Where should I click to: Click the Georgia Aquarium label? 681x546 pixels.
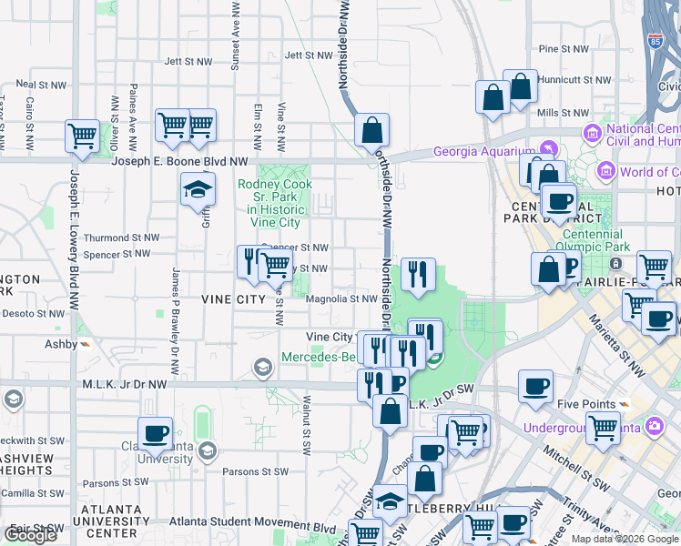(483, 151)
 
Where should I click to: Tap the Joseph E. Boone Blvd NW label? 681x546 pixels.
(179, 161)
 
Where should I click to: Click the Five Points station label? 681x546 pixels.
(581, 404)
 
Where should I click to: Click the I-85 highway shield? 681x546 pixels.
(655, 41)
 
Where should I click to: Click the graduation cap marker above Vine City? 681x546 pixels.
(198, 190)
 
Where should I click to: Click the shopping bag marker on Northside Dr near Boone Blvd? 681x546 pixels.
(372, 130)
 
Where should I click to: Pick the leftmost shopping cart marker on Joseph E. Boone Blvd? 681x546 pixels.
(82, 136)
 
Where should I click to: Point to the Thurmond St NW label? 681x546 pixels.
(121, 238)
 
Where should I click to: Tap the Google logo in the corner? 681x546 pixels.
(30, 535)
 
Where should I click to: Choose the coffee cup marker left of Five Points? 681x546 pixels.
(535, 386)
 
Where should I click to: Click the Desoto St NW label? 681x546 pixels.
(33, 313)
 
